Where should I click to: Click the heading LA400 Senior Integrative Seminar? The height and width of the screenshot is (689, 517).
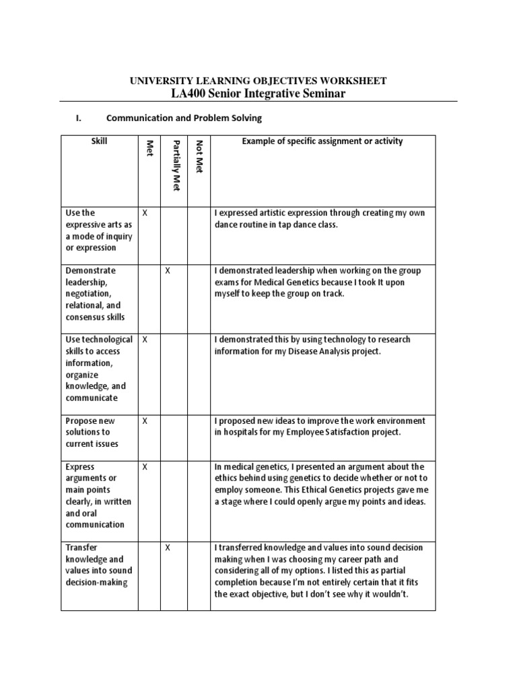coord(258,94)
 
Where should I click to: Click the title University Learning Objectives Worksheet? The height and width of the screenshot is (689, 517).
coord(258,81)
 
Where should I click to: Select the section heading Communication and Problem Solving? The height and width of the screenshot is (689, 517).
coord(184,118)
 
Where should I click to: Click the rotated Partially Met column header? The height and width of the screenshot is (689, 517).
coord(175,166)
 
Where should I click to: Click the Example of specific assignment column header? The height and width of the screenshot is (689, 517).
coord(322,141)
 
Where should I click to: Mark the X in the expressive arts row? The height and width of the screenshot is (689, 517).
coord(145,213)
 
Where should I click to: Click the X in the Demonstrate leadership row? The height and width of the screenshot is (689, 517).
coord(168,270)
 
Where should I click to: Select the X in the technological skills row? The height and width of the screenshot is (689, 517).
coord(145,340)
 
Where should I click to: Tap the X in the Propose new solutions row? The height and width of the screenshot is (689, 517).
coord(145,421)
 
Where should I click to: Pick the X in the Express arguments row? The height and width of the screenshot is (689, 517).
coord(145,466)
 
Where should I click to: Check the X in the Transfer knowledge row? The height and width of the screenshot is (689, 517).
coord(168,548)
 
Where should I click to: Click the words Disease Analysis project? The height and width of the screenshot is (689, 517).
coord(327,352)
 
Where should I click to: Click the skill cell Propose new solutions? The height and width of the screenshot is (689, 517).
coord(92,432)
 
